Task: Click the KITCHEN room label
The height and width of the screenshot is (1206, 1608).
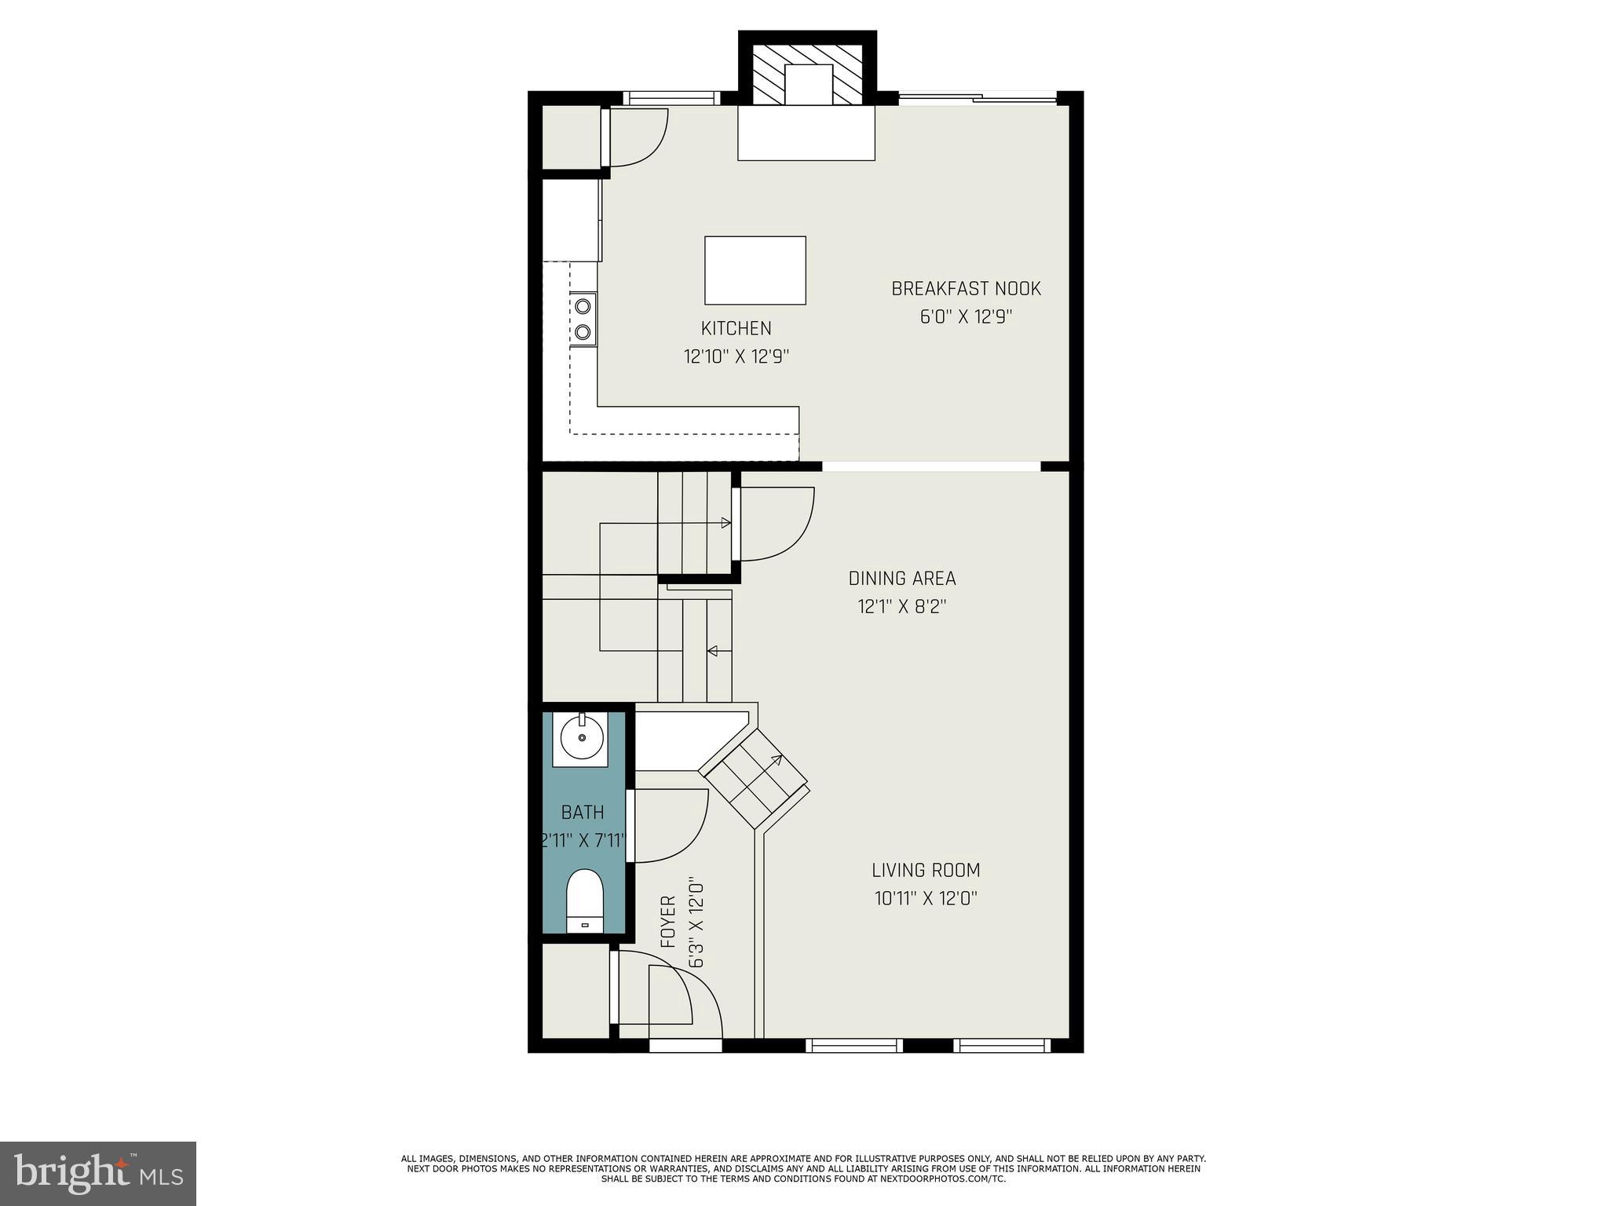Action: click(x=736, y=328)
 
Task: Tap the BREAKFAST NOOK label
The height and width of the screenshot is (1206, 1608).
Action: click(x=966, y=289)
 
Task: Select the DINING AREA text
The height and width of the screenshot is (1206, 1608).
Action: click(x=902, y=579)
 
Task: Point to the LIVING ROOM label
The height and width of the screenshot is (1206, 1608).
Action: click(x=926, y=870)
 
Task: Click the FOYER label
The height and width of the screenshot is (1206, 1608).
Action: click(x=668, y=922)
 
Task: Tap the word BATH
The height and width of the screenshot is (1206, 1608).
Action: click(x=583, y=812)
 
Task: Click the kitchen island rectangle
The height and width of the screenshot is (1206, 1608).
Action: click(x=755, y=270)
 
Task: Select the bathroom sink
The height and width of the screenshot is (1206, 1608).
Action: click(x=581, y=739)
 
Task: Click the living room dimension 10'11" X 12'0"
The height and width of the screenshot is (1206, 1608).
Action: click(x=926, y=898)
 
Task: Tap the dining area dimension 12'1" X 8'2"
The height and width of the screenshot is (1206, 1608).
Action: click(x=902, y=607)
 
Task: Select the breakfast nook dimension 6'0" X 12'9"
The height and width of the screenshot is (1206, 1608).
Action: click(x=966, y=317)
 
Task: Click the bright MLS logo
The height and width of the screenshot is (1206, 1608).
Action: click(x=98, y=1173)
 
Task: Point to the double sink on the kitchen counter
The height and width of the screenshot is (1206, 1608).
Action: click(x=583, y=318)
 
